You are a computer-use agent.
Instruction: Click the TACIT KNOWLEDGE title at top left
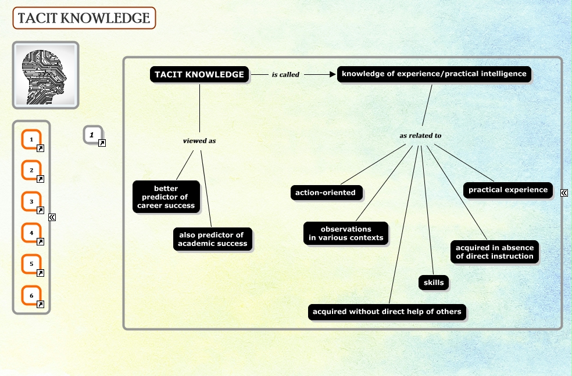84,19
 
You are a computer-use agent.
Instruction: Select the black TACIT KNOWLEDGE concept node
199,74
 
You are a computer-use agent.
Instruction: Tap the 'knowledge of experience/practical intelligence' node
434,74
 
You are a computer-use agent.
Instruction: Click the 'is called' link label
285,75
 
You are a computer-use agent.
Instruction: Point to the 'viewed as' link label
199,140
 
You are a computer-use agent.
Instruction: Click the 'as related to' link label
420,135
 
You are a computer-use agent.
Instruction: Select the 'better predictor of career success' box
166,197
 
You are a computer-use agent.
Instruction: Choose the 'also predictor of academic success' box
213,238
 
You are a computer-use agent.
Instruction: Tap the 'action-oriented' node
326,193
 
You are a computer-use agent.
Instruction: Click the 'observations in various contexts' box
346,233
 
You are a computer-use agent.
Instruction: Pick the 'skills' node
434,283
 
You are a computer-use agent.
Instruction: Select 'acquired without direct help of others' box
387,312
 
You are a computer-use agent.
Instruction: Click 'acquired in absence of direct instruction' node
495,251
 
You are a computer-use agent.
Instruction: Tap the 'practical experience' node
508,190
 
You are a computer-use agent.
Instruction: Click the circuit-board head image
45,75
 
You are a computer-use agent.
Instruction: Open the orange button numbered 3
32,202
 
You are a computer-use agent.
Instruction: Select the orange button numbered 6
32,296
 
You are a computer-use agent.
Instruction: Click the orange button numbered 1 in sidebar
32,139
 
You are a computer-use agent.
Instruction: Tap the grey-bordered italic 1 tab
92,135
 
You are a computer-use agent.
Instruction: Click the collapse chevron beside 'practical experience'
564,193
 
